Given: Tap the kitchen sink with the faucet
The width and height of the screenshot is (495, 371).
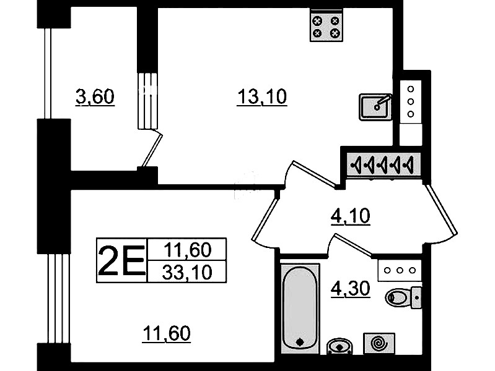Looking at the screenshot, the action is pyautogui.click(x=375, y=107).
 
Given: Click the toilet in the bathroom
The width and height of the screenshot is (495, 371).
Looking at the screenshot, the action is pyautogui.click(x=403, y=297).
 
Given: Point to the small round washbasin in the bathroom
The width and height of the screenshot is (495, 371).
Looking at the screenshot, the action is pyautogui.click(x=339, y=346).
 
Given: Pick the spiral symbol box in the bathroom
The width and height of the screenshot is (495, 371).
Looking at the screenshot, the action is pyautogui.click(x=379, y=343).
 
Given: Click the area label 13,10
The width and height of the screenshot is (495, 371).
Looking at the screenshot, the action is pyautogui.click(x=261, y=96).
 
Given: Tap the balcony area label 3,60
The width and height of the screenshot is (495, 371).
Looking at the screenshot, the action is pyautogui.click(x=95, y=96).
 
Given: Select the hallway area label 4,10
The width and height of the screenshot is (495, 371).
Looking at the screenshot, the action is pyautogui.click(x=350, y=216).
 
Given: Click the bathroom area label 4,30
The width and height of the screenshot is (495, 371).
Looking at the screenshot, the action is pyautogui.click(x=350, y=289).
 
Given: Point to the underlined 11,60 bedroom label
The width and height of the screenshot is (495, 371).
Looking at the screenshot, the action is pyautogui.click(x=167, y=333).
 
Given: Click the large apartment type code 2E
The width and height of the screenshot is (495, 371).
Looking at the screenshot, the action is pyautogui.click(x=121, y=260).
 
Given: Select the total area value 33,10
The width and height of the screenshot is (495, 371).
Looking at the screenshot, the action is pyautogui.click(x=187, y=272).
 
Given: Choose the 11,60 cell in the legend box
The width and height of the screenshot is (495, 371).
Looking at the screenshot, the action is pyautogui.click(x=187, y=250).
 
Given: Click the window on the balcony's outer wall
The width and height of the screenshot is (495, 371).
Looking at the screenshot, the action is pyautogui.click(x=48, y=74).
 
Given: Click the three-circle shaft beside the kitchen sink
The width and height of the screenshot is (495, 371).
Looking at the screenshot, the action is pyautogui.click(x=411, y=101).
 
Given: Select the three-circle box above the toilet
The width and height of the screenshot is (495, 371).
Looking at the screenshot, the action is pyautogui.click(x=400, y=270).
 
